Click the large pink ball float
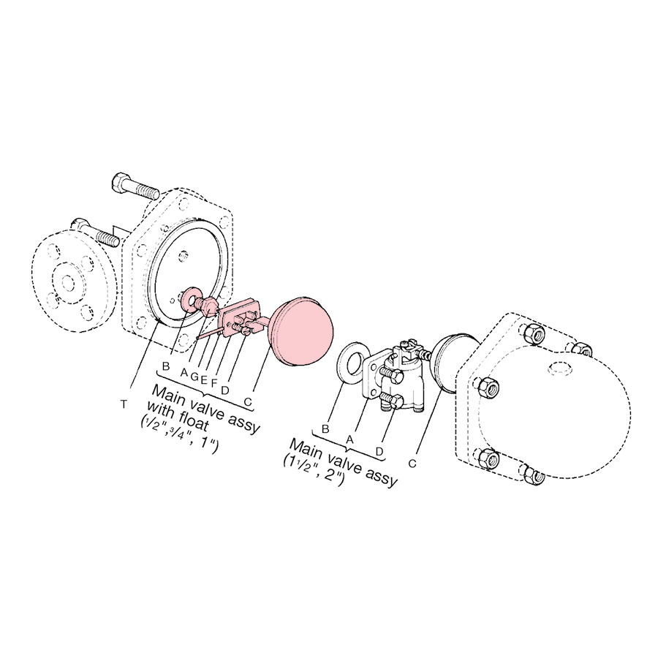[x=300, y=332]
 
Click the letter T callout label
[x=127, y=404]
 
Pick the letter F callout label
[x=213, y=382]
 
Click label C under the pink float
[x=248, y=401]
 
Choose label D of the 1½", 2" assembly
[x=380, y=450]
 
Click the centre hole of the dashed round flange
[x=69, y=281]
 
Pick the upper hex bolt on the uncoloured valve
[x=390, y=375]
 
